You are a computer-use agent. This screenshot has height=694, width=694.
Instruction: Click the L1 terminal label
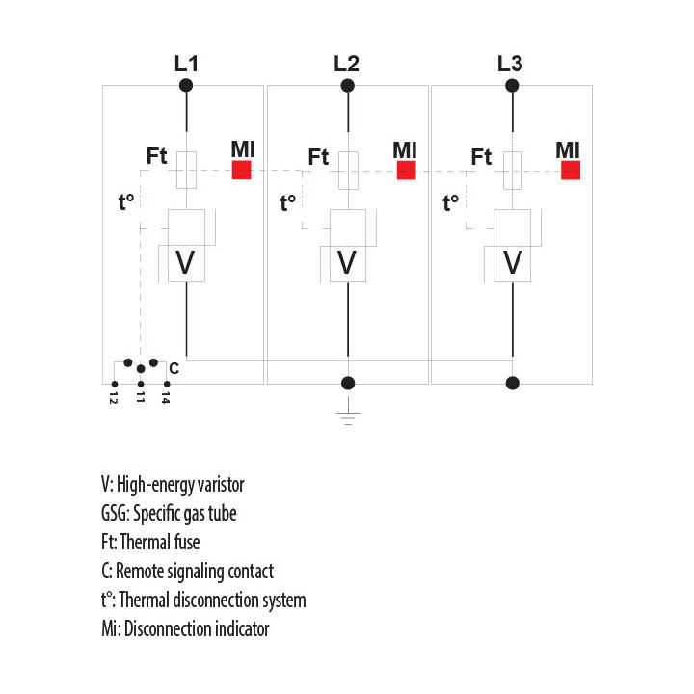click(186, 64)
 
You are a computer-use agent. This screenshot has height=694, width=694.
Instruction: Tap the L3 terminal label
click(510, 64)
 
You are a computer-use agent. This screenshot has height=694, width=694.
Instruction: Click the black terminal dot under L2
click(347, 86)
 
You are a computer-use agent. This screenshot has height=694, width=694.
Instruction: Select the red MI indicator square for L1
click(242, 170)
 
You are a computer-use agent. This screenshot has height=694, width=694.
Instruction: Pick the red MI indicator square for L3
click(571, 170)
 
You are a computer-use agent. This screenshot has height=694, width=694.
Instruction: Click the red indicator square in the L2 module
click(407, 170)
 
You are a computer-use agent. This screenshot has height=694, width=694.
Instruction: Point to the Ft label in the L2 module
click(318, 157)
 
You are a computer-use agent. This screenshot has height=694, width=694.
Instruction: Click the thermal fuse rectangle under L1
click(186, 171)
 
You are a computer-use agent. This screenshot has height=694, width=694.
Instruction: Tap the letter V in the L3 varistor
click(513, 262)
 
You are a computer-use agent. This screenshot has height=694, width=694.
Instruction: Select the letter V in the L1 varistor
click(185, 262)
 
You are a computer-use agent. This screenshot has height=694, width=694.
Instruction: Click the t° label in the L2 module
click(287, 202)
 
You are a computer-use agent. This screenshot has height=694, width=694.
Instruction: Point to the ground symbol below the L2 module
click(348, 412)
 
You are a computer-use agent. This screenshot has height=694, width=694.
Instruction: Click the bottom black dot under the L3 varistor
click(513, 383)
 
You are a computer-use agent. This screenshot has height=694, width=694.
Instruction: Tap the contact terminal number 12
click(114, 398)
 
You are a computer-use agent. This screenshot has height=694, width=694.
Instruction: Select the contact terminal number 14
click(166, 398)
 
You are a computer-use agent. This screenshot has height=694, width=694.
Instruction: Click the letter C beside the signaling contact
click(173, 368)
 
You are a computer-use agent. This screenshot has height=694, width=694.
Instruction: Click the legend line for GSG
click(169, 514)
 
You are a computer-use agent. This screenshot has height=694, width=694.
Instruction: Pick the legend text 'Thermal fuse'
click(160, 542)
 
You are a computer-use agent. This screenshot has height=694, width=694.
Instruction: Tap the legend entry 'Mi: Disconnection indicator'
click(185, 628)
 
